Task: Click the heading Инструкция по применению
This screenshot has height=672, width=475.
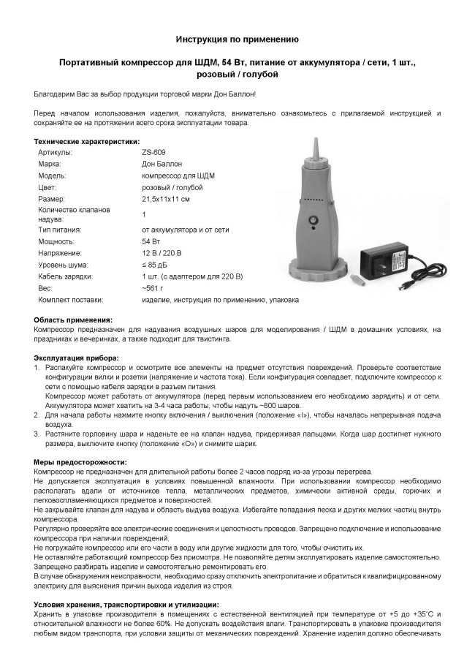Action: [x=237, y=38]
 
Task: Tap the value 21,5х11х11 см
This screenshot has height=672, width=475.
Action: [x=166, y=199]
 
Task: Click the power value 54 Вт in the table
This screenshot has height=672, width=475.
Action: [x=151, y=241]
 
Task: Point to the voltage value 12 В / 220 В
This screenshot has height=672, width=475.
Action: [x=162, y=252]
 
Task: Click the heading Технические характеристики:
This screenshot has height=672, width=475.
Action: [x=87, y=141]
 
